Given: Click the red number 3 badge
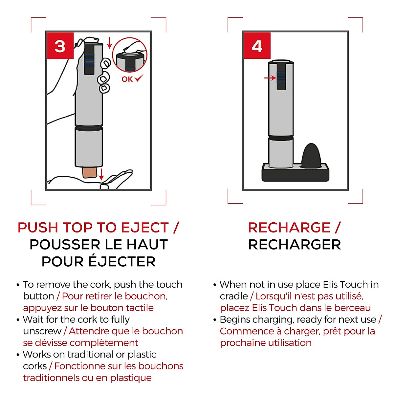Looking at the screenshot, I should pyautogui.click(x=60, y=46).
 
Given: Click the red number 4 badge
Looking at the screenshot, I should pyautogui.click(x=257, y=46).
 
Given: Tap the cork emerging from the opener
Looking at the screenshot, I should pyautogui.click(x=90, y=173).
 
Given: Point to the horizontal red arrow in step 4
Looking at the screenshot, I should pyautogui.click(x=270, y=78).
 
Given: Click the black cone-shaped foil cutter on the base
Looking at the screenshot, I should pyautogui.click(x=312, y=156).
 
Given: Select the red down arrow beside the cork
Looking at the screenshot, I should pyautogui.click(x=101, y=174).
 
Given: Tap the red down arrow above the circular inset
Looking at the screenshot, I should pyautogui.click(x=110, y=42).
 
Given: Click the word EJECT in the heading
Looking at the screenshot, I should pyautogui.click(x=145, y=228).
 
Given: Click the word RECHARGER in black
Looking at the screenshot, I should pyautogui.click(x=295, y=245).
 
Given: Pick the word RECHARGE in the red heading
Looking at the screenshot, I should pyautogui.click(x=289, y=228).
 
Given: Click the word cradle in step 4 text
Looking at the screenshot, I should pyautogui.click(x=234, y=296).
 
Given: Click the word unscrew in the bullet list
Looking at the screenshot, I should pyautogui.click(x=42, y=331).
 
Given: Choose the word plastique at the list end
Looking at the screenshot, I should pyautogui.click(x=131, y=378).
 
